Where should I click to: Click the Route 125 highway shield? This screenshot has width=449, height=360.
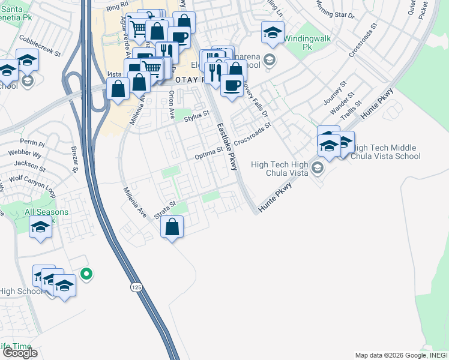[137, 288]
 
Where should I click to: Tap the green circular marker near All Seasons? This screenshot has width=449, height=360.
[86, 274]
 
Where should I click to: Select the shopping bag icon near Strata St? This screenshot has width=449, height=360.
[172, 227]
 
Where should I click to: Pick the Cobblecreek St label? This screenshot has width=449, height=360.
[41, 46]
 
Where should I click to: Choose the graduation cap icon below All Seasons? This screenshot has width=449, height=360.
[40, 227]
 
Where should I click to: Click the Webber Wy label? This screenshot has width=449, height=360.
[25, 154]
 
